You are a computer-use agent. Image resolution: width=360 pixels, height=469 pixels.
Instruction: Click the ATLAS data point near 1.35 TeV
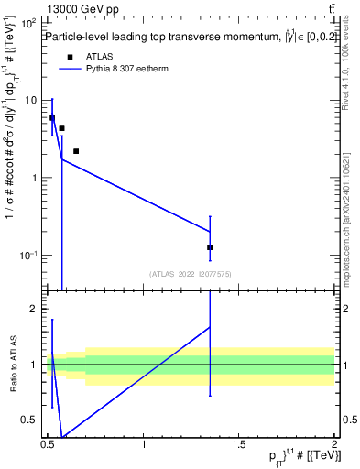[210, 247]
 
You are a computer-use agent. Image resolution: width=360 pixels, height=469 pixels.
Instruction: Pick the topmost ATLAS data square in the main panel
[52, 118]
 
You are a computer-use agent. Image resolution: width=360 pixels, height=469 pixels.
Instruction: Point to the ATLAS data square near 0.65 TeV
[76, 151]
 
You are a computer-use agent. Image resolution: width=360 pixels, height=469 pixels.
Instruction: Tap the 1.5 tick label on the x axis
[238, 446]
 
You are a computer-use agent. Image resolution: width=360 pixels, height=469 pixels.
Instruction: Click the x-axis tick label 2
[333, 446]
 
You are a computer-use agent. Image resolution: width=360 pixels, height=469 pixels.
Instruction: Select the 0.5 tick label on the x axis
[49, 446]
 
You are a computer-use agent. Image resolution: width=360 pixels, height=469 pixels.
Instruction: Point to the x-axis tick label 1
[144, 446]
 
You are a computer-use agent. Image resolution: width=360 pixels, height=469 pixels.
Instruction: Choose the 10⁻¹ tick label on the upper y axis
[27, 255]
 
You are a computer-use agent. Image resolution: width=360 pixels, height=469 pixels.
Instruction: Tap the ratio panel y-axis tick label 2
[34, 310]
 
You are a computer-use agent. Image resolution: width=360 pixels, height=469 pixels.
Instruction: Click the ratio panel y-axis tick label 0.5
[30, 420]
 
